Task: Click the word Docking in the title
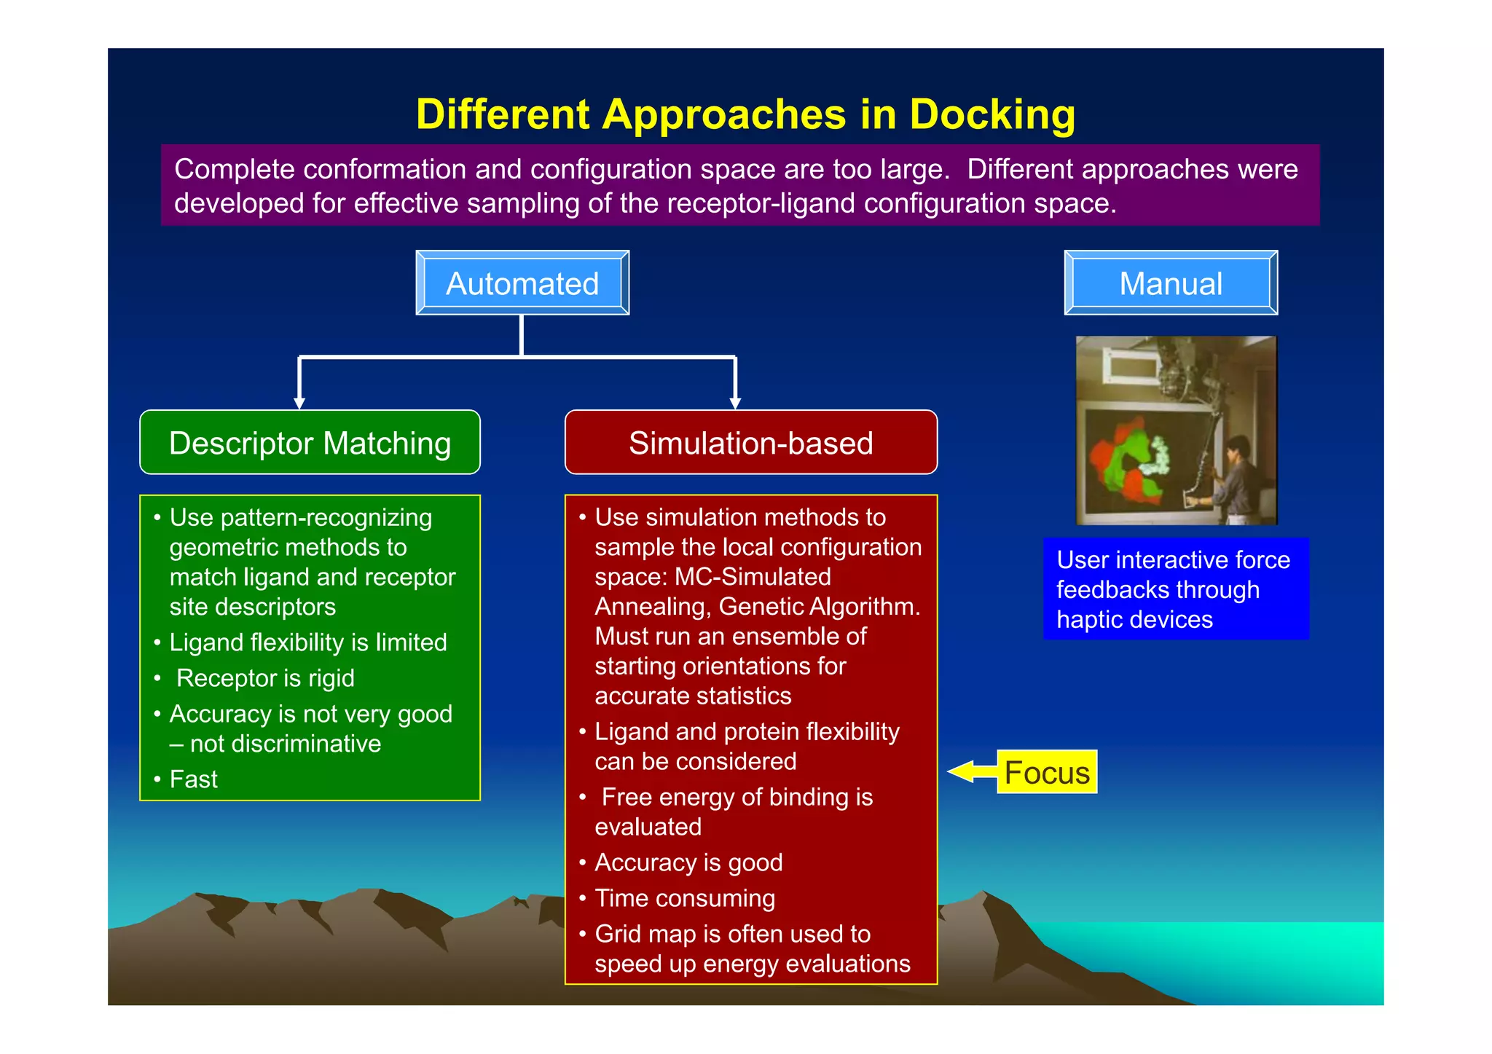[x=992, y=114]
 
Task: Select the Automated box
[x=522, y=283]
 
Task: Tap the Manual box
[x=1170, y=283]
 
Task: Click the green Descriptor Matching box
[x=310, y=443]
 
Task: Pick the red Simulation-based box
[x=750, y=443]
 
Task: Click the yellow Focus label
[x=1047, y=772]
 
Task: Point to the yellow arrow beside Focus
[x=970, y=771]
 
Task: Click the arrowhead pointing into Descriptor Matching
[x=299, y=403]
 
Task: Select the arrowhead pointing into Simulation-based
[x=735, y=403]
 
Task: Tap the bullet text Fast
[x=193, y=779]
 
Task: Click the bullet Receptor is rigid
[x=265, y=678]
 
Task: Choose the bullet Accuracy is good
[x=688, y=862]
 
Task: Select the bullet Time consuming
[x=684, y=898]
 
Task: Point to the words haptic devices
[x=1134, y=620]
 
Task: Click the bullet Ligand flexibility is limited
[x=307, y=642]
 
